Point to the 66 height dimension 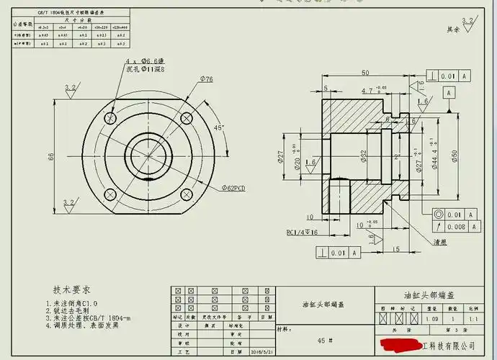(51, 156)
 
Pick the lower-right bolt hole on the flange (186, 193)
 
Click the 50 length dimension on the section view (365, 73)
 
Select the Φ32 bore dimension (364, 156)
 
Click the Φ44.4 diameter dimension (434, 156)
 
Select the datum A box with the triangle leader (449, 93)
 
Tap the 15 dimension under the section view (397, 248)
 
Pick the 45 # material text (325, 340)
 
